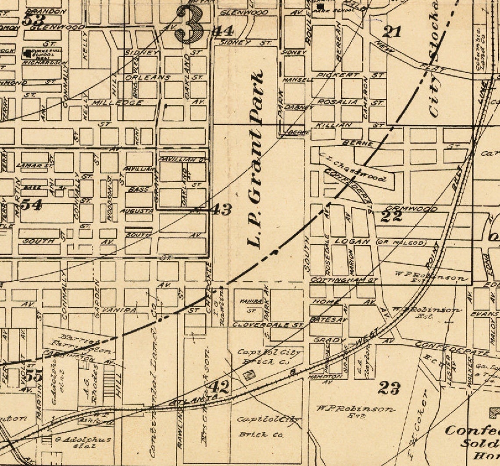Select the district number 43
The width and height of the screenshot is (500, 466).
tap(222, 210)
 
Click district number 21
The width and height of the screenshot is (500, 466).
tap(392, 31)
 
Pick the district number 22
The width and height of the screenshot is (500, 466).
tap(391, 216)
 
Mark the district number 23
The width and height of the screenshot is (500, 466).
tap(389, 387)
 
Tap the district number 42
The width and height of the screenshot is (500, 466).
tap(218, 387)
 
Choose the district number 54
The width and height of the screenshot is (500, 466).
tap(32, 204)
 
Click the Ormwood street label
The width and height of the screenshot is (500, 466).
tap(411, 209)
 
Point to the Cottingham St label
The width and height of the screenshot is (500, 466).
tap(344, 279)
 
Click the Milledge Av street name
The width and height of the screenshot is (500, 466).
tap(117, 102)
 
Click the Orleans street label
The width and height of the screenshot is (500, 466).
tap(147, 77)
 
